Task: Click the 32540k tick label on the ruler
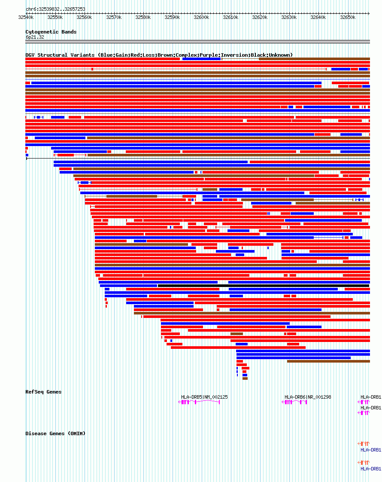tap(26, 18)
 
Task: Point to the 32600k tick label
tap(201, 18)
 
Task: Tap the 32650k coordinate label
tap(347, 18)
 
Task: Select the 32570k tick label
tap(113, 18)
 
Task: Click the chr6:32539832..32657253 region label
tap(55, 9)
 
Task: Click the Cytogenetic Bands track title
tap(51, 32)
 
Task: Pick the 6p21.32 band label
tap(35, 37)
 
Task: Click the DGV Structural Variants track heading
tap(61, 55)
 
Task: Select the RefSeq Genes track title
tap(43, 392)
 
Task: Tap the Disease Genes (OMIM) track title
tap(55, 433)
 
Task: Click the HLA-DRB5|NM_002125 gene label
tap(204, 397)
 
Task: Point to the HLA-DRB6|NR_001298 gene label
tap(308, 397)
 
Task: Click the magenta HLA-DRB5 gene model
tap(199, 402)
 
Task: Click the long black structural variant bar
tap(263, 286)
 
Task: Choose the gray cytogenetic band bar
tap(197, 42)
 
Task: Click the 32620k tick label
tap(259, 18)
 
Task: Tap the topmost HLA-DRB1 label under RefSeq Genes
tap(370, 397)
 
